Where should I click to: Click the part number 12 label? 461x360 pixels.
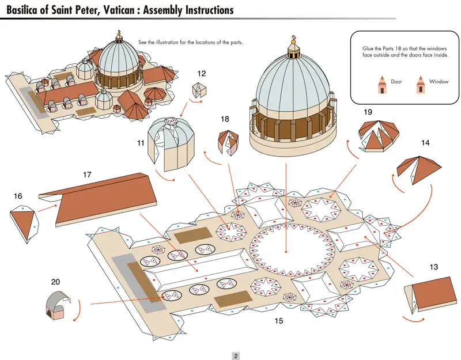pos(201,74)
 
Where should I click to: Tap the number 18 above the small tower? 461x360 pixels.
pos(225,119)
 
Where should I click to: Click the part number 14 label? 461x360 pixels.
pos(425,142)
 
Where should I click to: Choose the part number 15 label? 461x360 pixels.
pos(279,321)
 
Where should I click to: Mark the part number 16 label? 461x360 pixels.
pos(18,196)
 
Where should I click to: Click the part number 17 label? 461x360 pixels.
pos(88,173)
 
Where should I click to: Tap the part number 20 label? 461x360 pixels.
pos(55,282)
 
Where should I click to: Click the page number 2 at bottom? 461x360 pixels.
pos(236,355)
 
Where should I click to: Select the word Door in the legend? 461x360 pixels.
pos(396,82)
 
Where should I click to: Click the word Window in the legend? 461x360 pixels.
pos(439,82)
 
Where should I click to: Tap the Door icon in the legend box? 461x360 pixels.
pos(381,85)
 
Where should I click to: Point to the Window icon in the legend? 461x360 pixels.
pos(420,85)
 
